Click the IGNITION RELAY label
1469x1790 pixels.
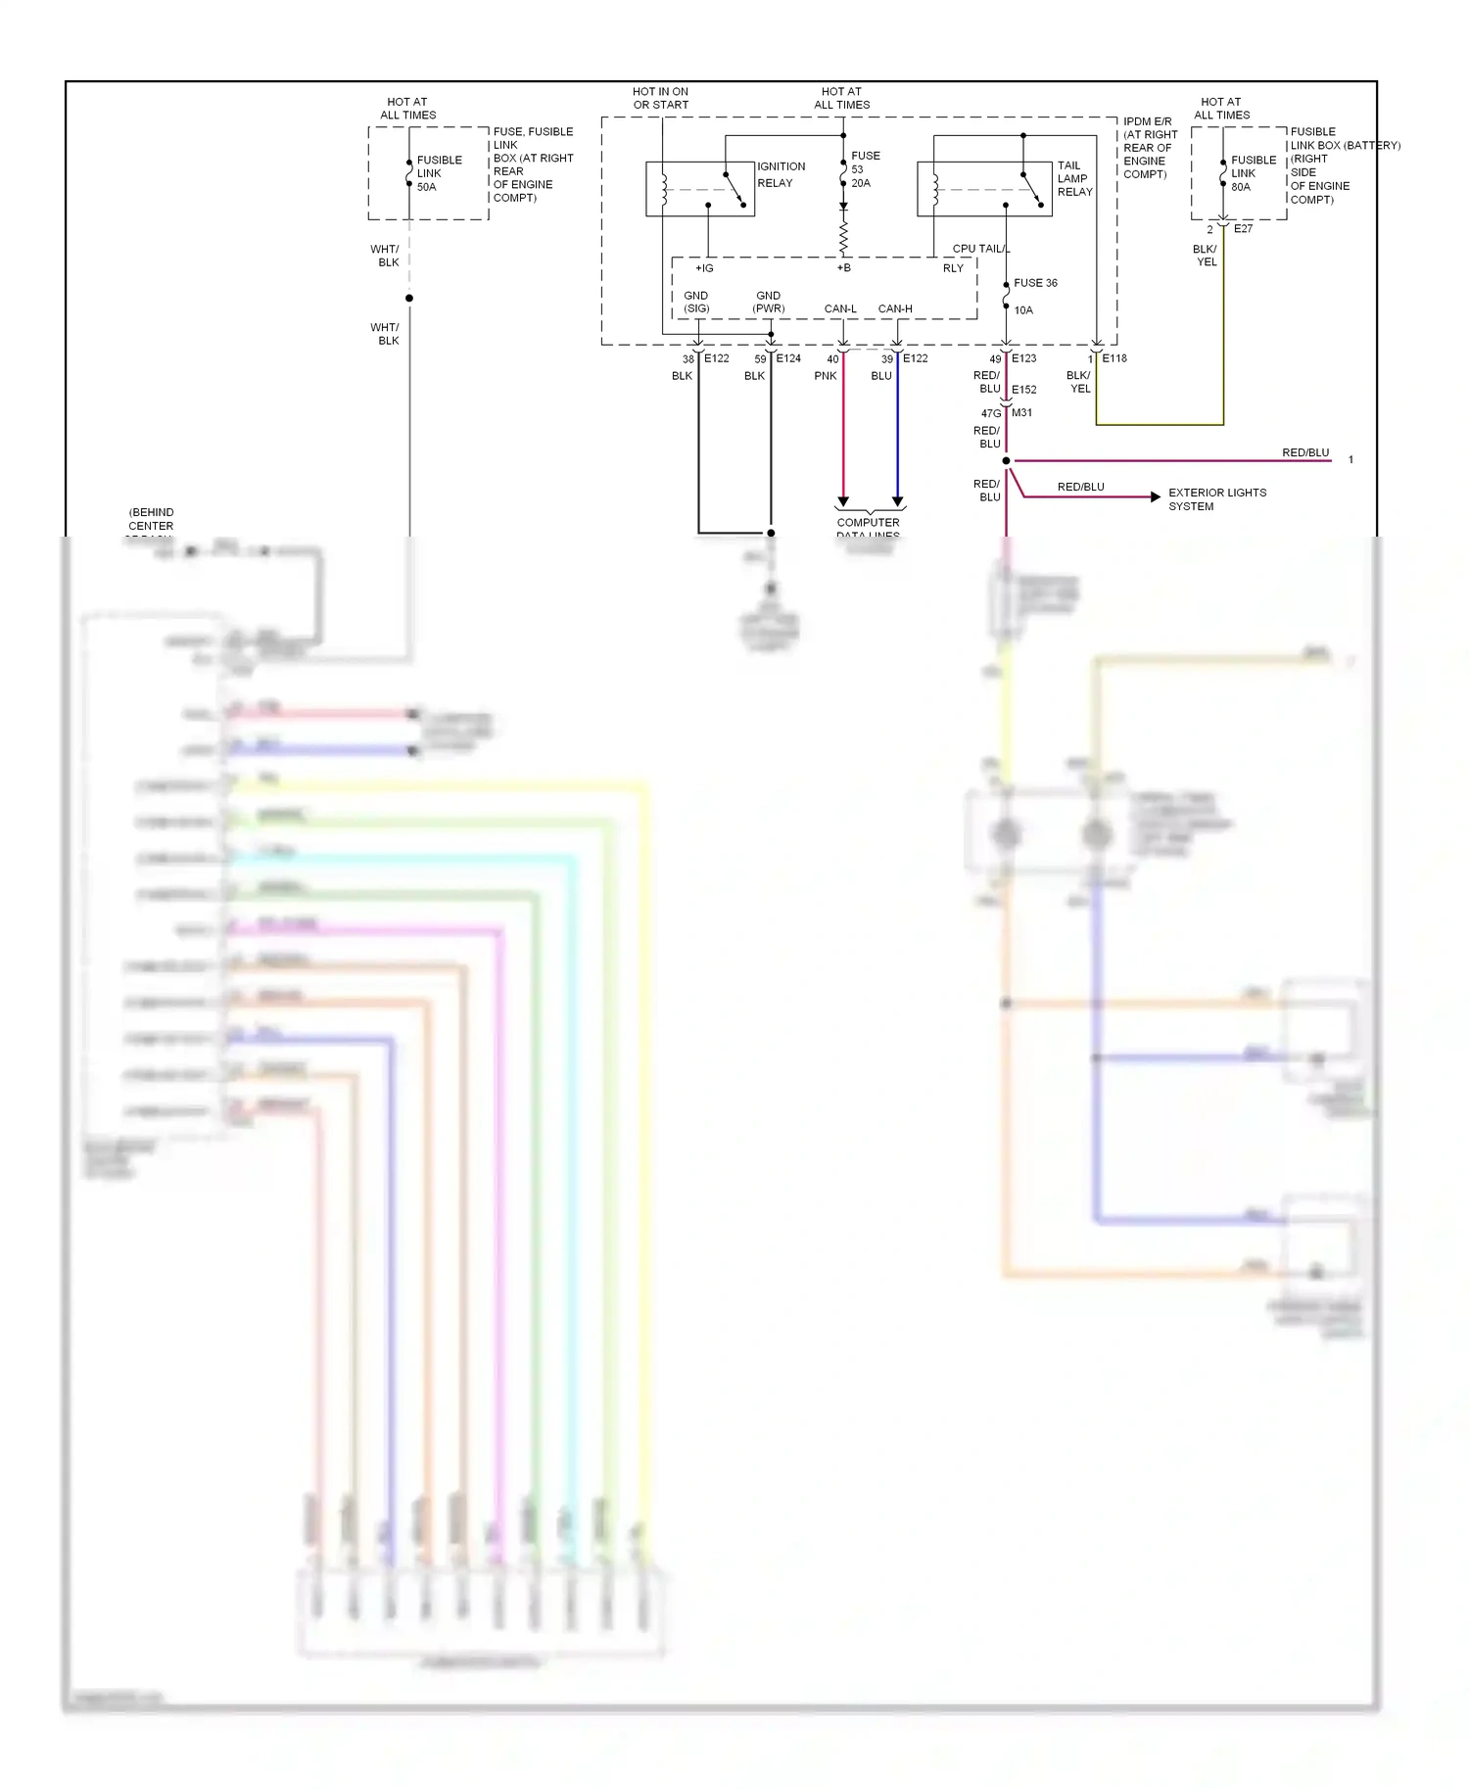click(781, 174)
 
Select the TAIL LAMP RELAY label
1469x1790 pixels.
click(1074, 178)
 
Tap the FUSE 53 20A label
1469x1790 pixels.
click(864, 169)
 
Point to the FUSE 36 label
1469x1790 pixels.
click(1035, 283)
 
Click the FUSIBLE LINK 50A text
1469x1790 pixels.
click(439, 173)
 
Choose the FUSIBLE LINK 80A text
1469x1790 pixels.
click(1253, 173)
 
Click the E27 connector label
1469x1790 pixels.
click(1243, 228)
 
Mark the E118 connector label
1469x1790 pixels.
click(1114, 358)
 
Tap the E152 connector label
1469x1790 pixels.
click(1023, 390)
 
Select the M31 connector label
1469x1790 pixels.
click(1021, 413)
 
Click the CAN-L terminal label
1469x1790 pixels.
click(840, 308)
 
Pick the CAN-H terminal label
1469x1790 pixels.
click(895, 308)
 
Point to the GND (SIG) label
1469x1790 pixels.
click(696, 302)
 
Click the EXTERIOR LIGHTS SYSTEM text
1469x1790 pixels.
click(1216, 499)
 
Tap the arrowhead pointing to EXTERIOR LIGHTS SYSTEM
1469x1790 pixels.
click(1156, 497)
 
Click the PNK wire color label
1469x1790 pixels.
click(826, 376)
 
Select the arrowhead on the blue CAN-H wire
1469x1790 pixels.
click(897, 501)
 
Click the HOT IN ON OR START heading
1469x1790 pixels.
click(660, 98)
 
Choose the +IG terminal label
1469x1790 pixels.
click(704, 268)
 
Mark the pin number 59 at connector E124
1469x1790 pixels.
click(760, 359)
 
